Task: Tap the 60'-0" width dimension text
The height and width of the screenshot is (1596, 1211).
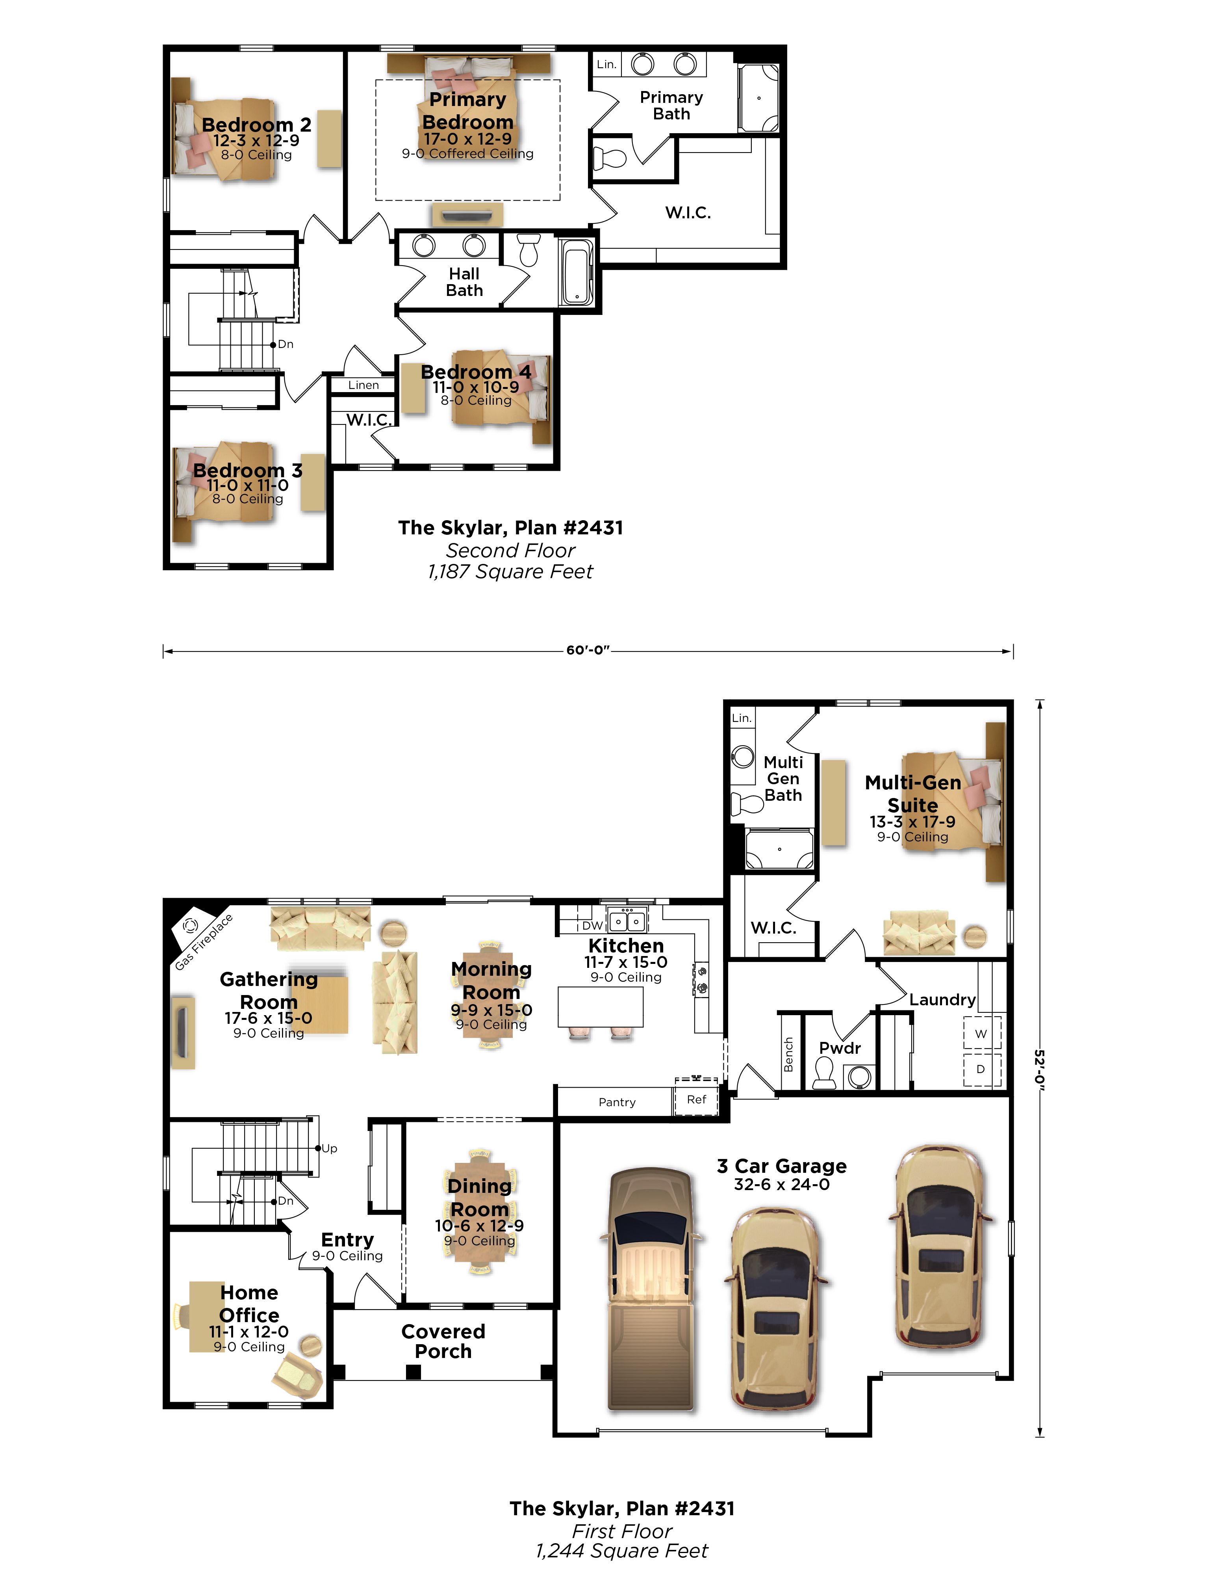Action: (588, 650)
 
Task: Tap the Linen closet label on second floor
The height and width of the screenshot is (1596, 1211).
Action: (363, 385)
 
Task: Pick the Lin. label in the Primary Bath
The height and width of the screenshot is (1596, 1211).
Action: (606, 64)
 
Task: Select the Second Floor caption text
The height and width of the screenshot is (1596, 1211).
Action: (511, 551)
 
